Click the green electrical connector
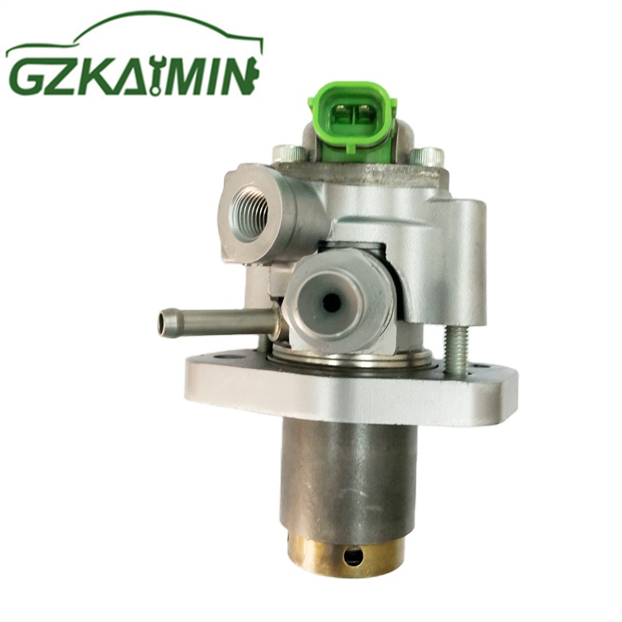click(x=352, y=116)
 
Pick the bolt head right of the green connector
click(x=430, y=155)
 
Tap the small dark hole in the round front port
click(x=332, y=303)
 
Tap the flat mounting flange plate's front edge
click(x=348, y=398)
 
